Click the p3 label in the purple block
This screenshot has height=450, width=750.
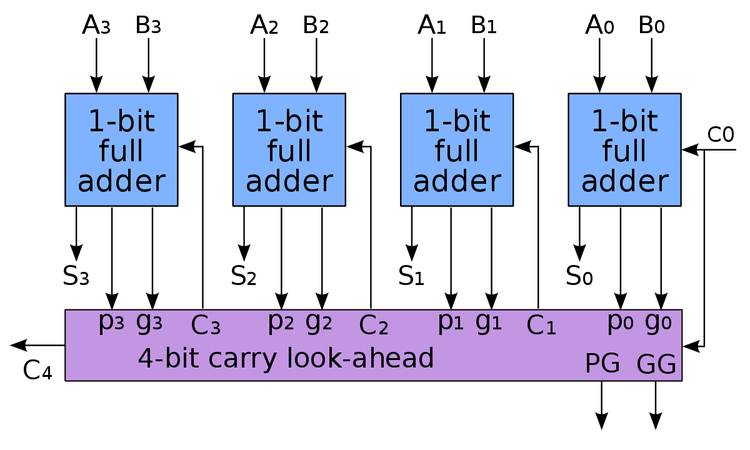pos(111,322)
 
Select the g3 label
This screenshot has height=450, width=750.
pos(149,322)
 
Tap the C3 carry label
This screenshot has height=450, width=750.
pos(206,326)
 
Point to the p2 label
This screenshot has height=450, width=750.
pos(281,322)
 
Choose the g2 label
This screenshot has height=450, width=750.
pos(319,322)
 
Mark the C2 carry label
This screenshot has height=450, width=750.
pos(374,326)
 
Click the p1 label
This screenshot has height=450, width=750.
pos(451,322)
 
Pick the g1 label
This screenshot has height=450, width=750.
pos(489,322)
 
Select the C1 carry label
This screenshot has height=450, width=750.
pos(541,326)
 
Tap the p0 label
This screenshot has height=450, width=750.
pos(621,322)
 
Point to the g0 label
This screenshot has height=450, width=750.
pos(658,322)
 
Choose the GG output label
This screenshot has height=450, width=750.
pos(656,364)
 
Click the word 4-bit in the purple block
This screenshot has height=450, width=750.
pos(169,359)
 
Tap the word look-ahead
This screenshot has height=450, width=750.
pos(361,359)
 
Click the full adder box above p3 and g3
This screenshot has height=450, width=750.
pos(121,150)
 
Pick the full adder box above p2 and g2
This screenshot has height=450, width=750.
pos(289,150)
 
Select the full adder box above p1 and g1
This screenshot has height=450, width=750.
pos(457,150)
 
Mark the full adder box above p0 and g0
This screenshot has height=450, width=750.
pos(624,150)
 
